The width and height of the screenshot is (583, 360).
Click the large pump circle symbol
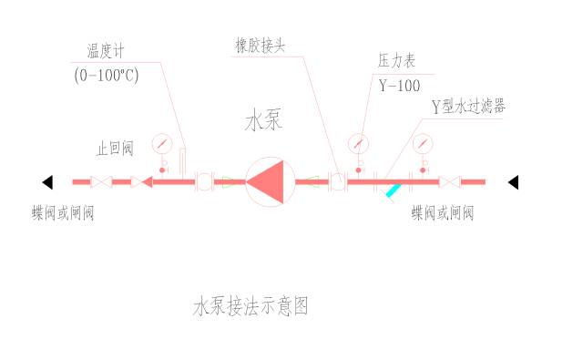271,181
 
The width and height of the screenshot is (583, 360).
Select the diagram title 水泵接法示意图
251,306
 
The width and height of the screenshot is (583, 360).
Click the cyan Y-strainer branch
394,190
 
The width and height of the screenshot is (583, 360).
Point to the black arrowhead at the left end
47,181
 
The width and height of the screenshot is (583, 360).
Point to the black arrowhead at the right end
513,181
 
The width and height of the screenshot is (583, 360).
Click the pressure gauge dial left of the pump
163,142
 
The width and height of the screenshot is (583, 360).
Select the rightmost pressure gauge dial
421,143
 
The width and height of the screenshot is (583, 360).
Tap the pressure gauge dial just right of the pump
358,143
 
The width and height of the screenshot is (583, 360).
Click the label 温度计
105,51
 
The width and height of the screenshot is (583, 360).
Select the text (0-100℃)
106,76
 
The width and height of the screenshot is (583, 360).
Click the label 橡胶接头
260,44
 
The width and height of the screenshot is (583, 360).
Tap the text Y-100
399,87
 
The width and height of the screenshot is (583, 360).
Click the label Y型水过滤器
469,107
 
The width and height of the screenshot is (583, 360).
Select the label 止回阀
116,149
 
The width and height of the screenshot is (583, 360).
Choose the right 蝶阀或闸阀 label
443,214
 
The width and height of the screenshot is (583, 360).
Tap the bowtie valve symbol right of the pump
446,181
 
